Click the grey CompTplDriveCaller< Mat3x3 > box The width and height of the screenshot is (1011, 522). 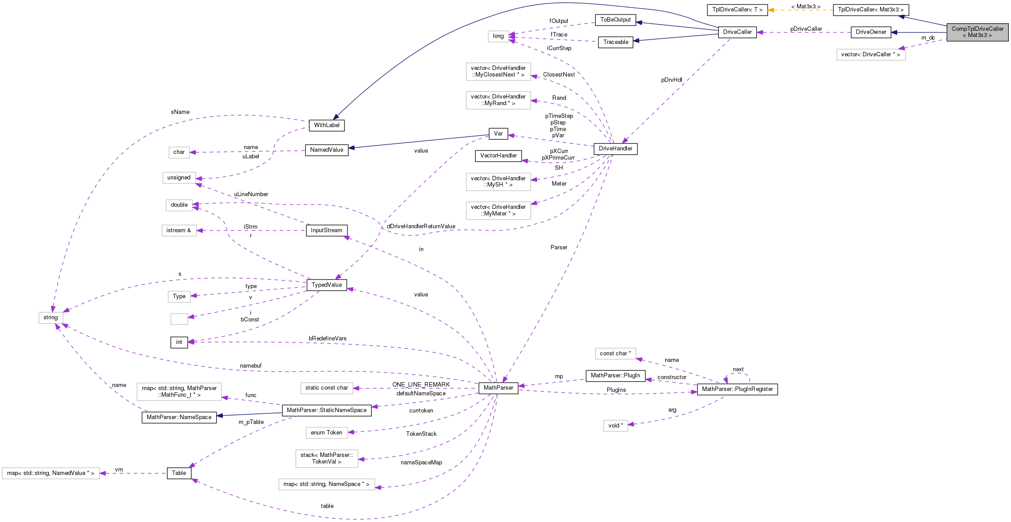click(x=977, y=32)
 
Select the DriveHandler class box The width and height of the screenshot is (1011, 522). click(x=615, y=149)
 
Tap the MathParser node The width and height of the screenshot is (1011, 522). click(x=498, y=388)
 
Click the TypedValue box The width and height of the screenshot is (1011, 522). click(x=326, y=285)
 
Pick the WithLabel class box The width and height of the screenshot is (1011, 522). click(x=326, y=125)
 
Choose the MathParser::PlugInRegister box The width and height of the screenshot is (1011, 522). click(x=737, y=389)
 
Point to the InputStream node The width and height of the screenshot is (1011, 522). click(x=326, y=230)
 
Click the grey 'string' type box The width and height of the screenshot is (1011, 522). click(x=51, y=318)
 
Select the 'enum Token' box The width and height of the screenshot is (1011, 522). click(x=326, y=433)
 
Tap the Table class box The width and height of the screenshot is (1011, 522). click(x=179, y=473)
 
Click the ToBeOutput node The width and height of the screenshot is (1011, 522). click(x=615, y=20)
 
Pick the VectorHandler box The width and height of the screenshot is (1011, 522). click(x=498, y=156)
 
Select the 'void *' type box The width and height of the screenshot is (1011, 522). click(x=615, y=426)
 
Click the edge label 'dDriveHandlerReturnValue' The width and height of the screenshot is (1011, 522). click(x=421, y=226)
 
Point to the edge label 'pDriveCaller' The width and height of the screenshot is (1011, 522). click(x=806, y=29)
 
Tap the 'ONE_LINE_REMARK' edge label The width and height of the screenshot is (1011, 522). click(x=421, y=385)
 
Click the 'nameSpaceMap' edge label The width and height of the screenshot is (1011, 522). click(x=421, y=463)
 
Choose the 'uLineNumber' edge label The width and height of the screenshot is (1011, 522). click(x=251, y=194)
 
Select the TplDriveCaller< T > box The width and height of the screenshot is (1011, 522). click(x=737, y=10)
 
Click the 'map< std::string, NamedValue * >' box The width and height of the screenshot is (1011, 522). click(x=51, y=473)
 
